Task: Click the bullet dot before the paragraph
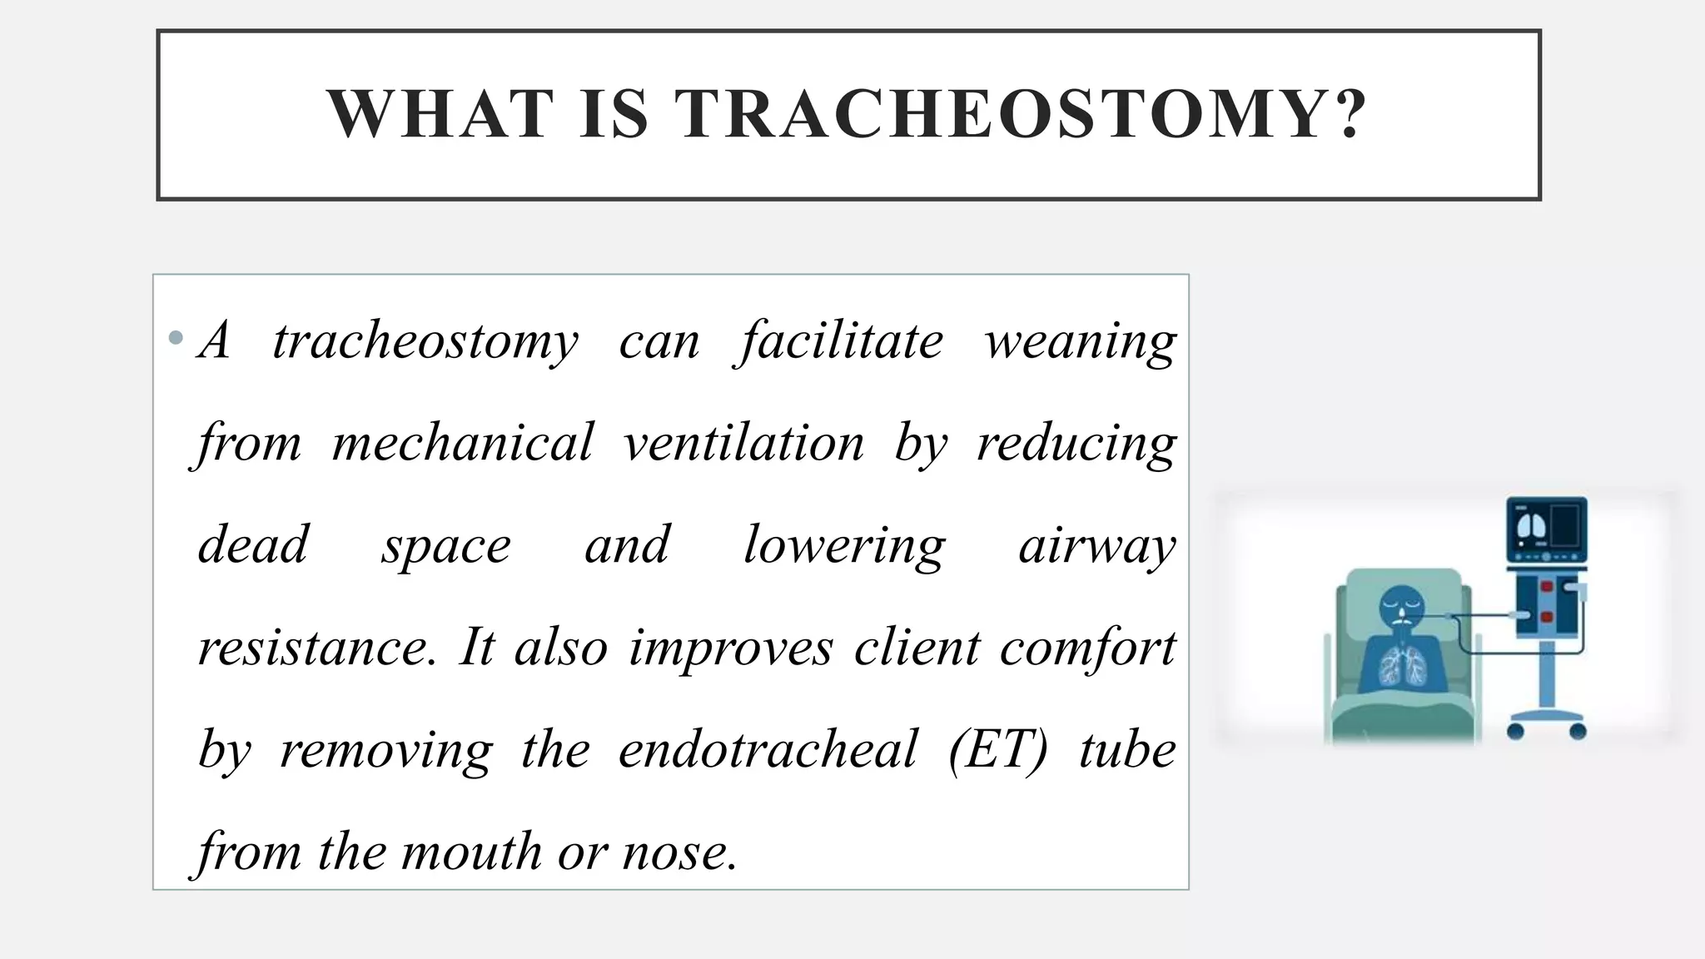(x=175, y=338)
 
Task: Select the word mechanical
(x=463, y=443)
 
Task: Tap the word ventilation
(x=744, y=443)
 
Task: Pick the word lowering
(x=844, y=546)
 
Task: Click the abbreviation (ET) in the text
(x=997, y=750)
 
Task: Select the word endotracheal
(x=768, y=750)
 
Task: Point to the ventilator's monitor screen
(x=1547, y=528)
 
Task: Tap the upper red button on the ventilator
(x=1547, y=587)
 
